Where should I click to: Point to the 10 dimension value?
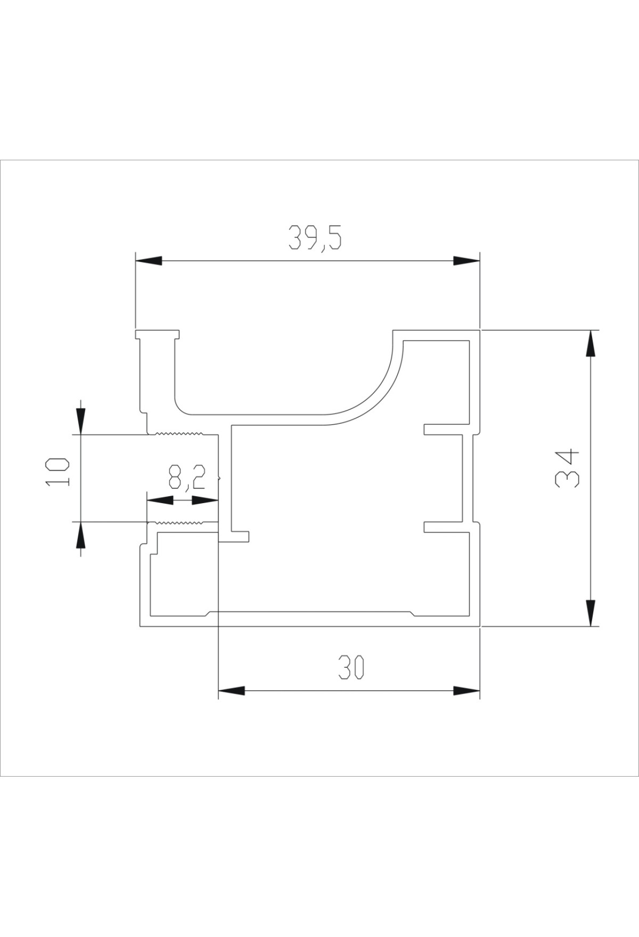58,471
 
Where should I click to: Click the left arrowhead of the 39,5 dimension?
149,260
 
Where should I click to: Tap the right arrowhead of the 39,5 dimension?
466,260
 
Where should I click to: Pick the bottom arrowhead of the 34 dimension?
590,613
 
